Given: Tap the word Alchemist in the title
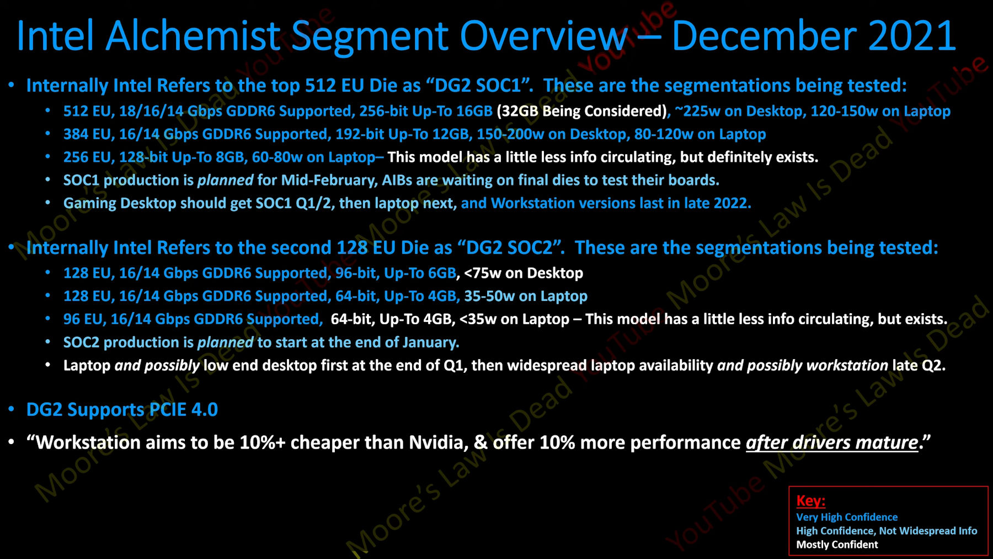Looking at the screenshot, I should click(193, 36).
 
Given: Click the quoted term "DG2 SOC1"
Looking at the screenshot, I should click(479, 86).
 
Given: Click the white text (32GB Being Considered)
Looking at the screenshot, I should click(582, 111).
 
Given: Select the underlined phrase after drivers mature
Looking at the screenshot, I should click(832, 442).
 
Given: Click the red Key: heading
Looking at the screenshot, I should click(810, 500).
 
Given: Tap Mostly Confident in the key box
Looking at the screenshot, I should click(837, 545).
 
